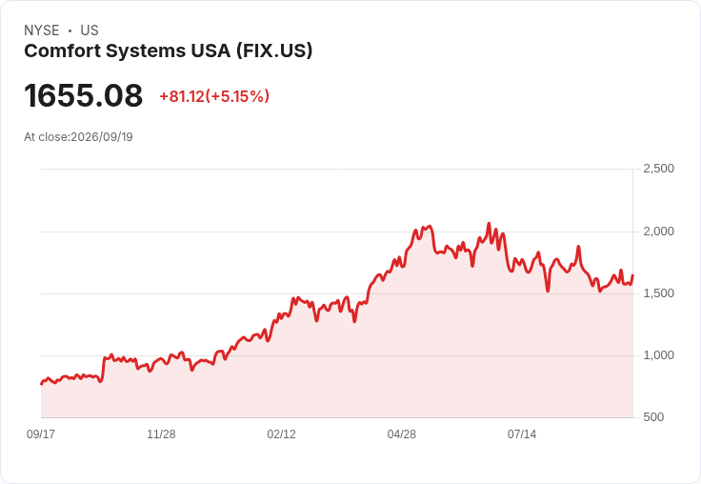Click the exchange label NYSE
click(x=42, y=30)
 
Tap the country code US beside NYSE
click(x=90, y=30)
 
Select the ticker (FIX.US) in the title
click(x=274, y=50)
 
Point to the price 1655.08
click(x=84, y=95)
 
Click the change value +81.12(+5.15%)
click(x=214, y=96)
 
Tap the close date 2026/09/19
click(x=102, y=137)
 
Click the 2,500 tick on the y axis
click(x=658, y=169)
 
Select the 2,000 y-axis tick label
click(x=658, y=232)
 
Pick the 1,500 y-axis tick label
click(x=658, y=293)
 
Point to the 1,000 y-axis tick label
click(x=658, y=355)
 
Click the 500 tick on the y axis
click(x=653, y=417)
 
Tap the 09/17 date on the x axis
click(x=41, y=434)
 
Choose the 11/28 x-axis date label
click(x=161, y=434)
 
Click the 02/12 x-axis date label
click(x=281, y=434)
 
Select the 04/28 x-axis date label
click(x=402, y=434)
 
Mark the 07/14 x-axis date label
click(x=522, y=434)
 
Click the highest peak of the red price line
click(x=489, y=223)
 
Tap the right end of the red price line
click(x=632, y=275)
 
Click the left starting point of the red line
click(x=41, y=384)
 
